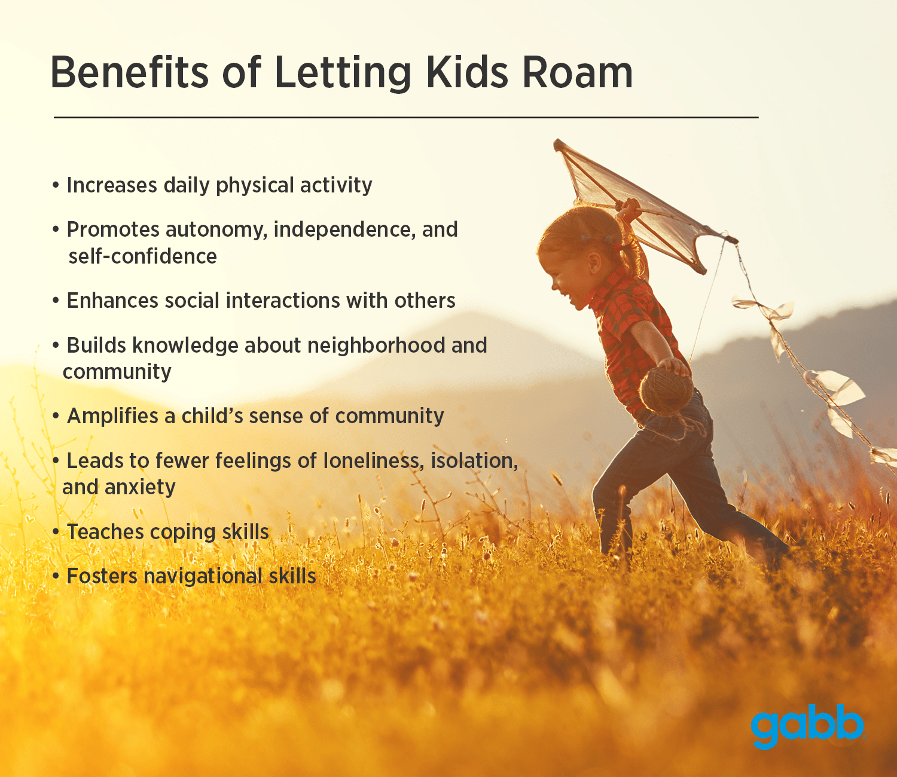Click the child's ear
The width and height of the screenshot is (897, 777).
pos(594,262)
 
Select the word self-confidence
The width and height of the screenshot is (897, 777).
pos(143,256)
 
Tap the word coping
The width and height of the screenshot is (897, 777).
pos(183,533)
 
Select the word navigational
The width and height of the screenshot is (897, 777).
pos(203,577)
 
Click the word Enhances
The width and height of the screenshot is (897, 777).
pos(112,301)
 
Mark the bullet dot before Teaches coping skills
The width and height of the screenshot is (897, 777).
pos(55,533)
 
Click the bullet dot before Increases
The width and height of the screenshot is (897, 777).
pos(55,185)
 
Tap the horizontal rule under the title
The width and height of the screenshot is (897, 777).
pos(406,117)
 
